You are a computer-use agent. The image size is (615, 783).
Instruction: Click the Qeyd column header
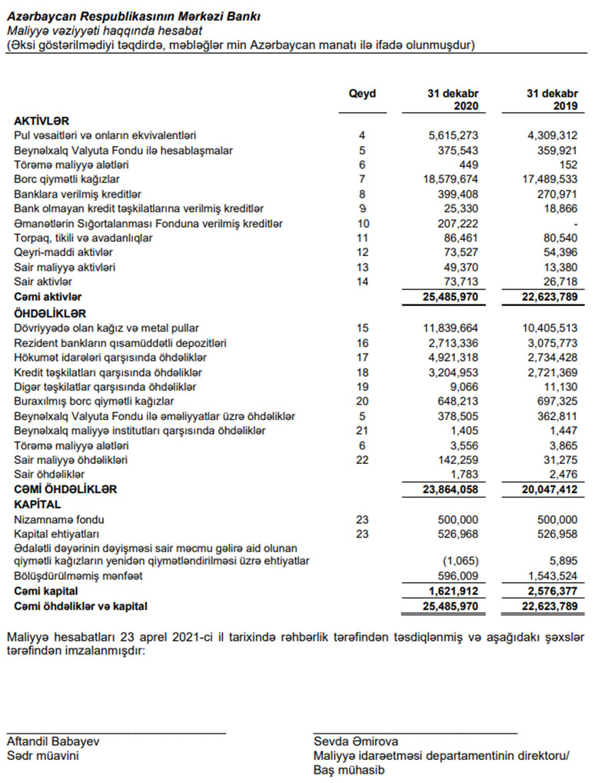pyautogui.click(x=362, y=94)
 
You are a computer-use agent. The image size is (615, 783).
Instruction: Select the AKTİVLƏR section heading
pyautogui.click(x=42, y=122)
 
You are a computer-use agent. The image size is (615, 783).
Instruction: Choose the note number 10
pyautogui.click(x=363, y=223)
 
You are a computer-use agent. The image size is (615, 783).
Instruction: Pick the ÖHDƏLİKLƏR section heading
pyautogui.click(x=50, y=314)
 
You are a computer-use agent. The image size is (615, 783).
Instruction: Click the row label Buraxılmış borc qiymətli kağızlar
pyautogui.click(x=94, y=401)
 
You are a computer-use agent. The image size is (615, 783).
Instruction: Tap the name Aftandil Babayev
pyautogui.click(x=52, y=742)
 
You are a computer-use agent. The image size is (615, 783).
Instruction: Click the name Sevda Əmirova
pyautogui.click(x=355, y=742)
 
